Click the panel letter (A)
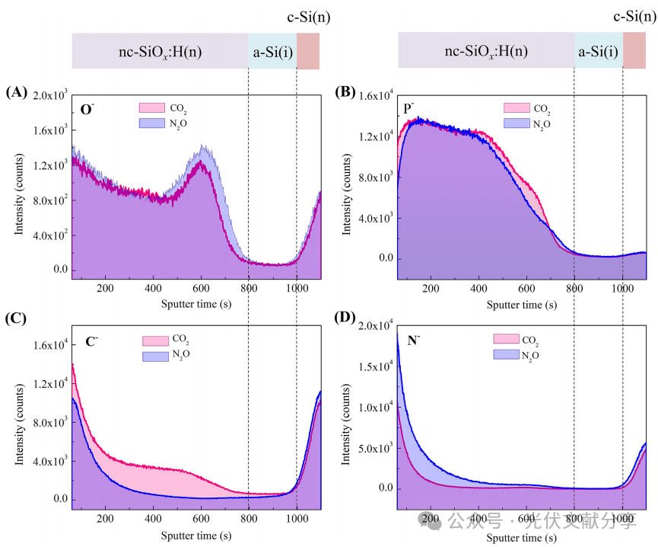point(16,93)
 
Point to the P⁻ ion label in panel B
point(409,108)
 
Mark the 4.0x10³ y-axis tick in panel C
point(47,462)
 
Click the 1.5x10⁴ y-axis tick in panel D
point(372,367)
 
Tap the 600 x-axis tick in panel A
point(201,288)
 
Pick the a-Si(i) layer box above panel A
point(272,52)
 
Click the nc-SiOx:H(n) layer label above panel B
point(486,51)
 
